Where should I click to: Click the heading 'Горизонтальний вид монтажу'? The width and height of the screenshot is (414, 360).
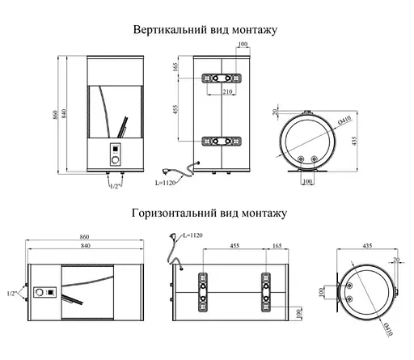[x=206, y=214]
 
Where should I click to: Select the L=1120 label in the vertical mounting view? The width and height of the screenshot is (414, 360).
[x=166, y=184]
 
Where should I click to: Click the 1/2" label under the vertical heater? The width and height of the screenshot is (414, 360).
[x=115, y=185]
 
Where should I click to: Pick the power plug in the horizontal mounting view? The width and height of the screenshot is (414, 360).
[x=171, y=238]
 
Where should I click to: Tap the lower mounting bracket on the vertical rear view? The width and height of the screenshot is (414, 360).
[x=219, y=142]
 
